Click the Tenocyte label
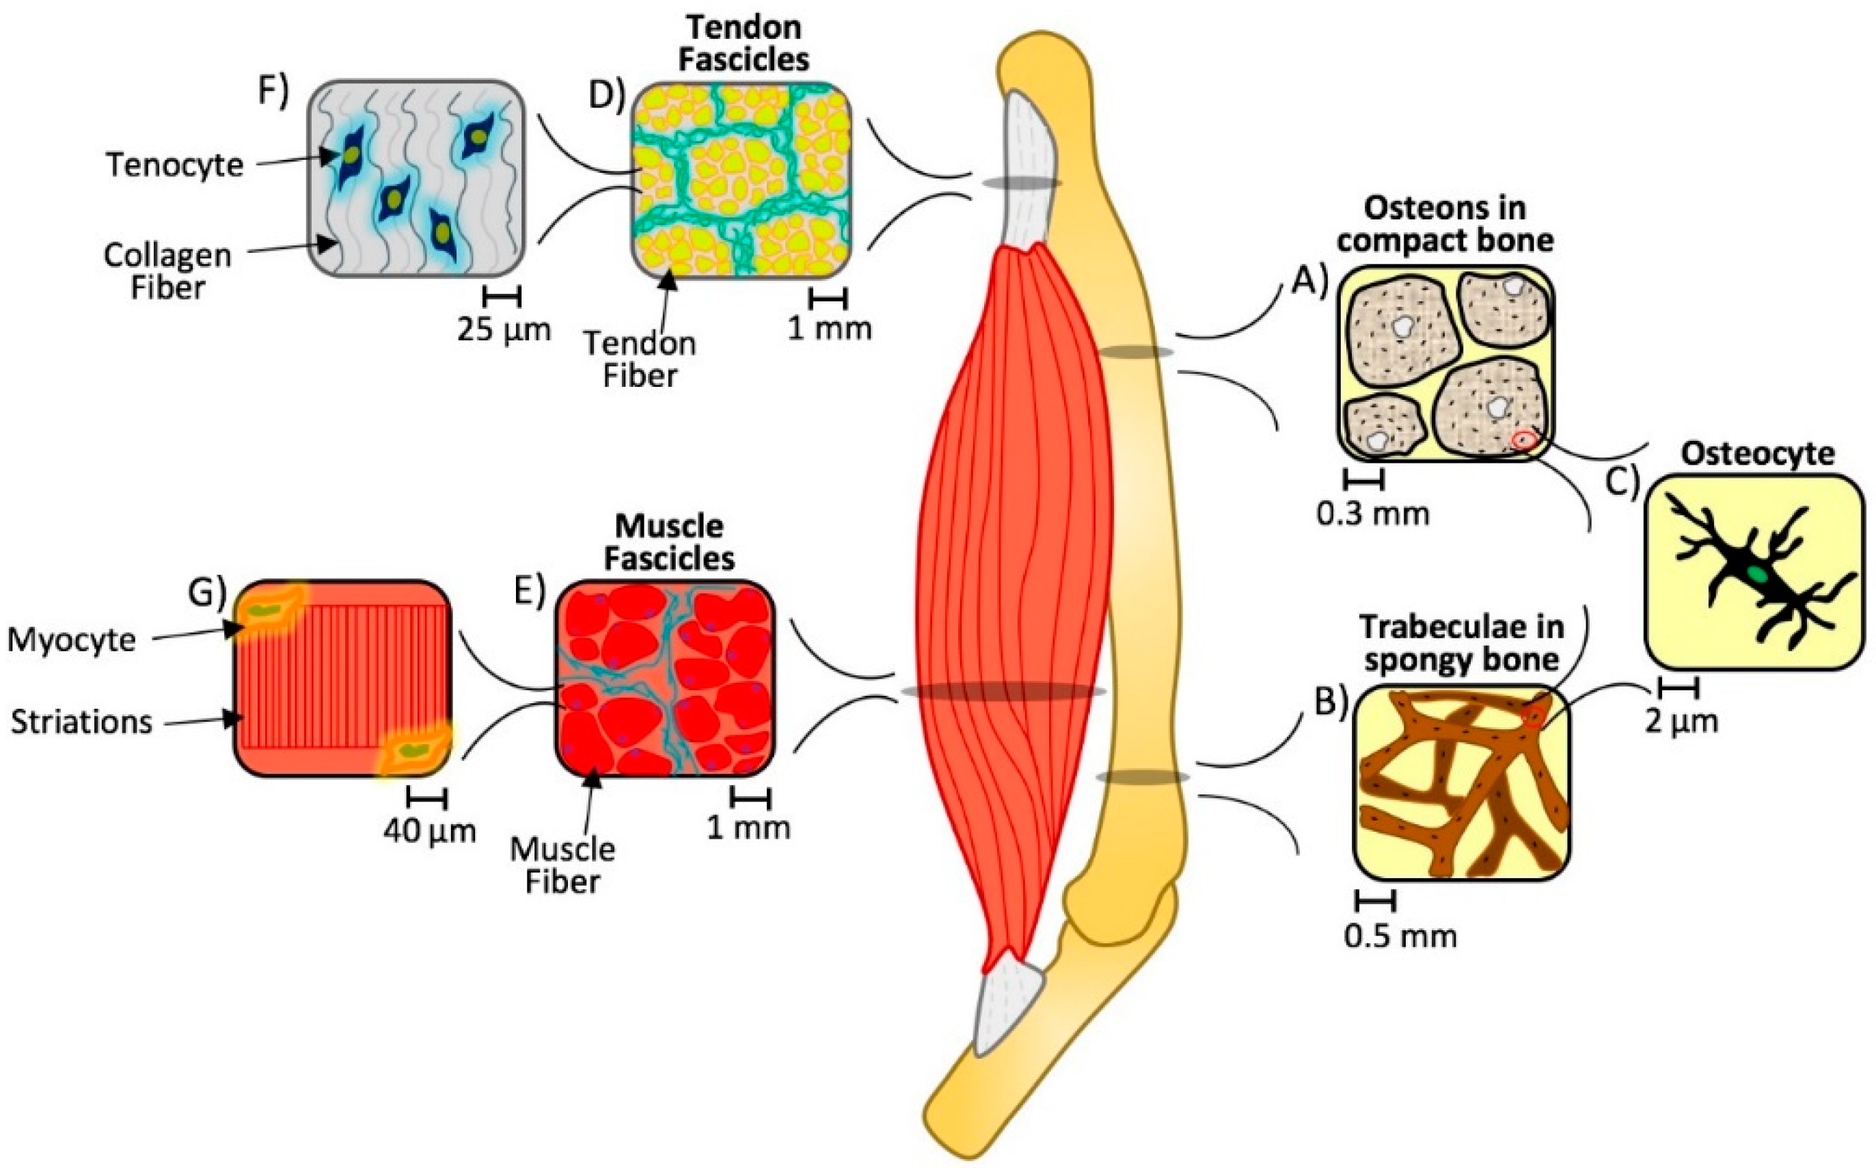point(174,165)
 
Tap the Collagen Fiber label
point(167,271)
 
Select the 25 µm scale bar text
point(504,330)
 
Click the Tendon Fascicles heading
point(744,43)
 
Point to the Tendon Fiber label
point(640,359)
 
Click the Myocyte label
point(72,640)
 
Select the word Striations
point(81,722)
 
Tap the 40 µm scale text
point(429,830)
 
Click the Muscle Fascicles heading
point(669,542)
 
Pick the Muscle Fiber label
point(562,865)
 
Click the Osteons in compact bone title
point(1445,224)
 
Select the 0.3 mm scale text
point(1372,514)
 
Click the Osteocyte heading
point(1758,453)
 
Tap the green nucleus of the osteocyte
point(1758,573)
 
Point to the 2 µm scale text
point(1681,722)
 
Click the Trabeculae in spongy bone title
point(1461,642)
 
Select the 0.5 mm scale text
point(1400,936)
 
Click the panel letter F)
point(273,91)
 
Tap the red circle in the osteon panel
point(1523,440)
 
